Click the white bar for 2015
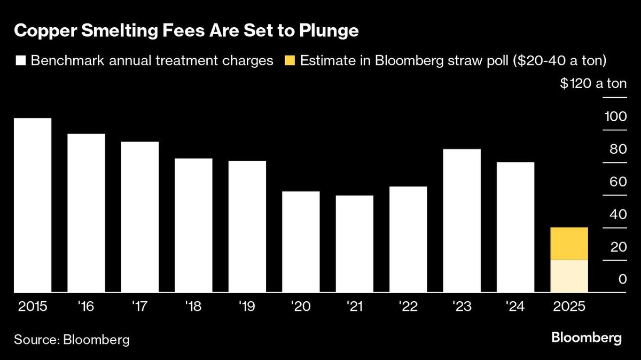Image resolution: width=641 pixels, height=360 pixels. pos(33,206)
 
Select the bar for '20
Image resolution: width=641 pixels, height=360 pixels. pos(301,242)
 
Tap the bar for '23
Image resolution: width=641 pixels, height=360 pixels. pos(462,221)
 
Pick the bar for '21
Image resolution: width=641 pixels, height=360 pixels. pos(355,244)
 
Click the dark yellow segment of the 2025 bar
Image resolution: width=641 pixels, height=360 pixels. pos(569,244)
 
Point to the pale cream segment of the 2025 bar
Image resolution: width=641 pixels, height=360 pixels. pos(569,276)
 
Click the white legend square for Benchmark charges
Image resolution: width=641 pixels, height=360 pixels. pos(21,61)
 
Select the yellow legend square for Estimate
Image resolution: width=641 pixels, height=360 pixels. pos(290,61)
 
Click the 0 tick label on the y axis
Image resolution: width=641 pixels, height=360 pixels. pos(622,279)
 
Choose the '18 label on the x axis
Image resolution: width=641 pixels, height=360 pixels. pos(193,308)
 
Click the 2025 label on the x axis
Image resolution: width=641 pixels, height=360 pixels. pos(569,308)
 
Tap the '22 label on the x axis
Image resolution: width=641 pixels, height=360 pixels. pos(408,308)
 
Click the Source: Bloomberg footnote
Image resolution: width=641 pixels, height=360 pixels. pos(72,339)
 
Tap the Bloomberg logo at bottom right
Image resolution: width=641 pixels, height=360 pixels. pos(586,338)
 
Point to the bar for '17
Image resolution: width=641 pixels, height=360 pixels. pos(140,217)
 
